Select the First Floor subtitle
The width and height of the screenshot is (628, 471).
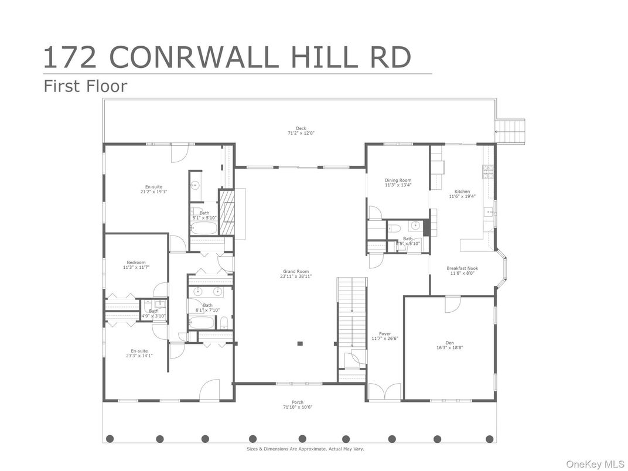pyautogui.click(x=86, y=87)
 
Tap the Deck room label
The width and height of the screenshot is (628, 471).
pyautogui.click(x=301, y=131)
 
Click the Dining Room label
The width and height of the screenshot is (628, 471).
pyautogui.click(x=398, y=183)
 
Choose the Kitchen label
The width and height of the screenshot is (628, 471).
pyautogui.click(x=462, y=194)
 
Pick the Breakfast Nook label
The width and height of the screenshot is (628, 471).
pyautogui.click(x=462, y=271)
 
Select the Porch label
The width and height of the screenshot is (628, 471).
pyautogui.click(x=298, y=404)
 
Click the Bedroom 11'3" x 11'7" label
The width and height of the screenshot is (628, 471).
pyautogui.click(x=136, y=265)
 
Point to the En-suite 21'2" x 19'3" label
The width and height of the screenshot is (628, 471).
pyautogui.click(x=153, y=189)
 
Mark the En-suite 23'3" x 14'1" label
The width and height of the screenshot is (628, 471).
pyautogui.click(x=139, y=353)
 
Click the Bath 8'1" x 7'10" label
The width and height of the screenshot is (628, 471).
pyautogui.click(x=207, y=308)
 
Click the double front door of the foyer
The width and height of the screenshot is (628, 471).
pyautogui.click(x=384, y=392)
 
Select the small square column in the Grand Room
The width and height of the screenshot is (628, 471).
pyautogui.click(x=299, y=343)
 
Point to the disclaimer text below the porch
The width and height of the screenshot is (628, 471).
pyautogui.click(x=305, y=449)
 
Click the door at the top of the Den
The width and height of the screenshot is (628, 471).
pyautogui.click(x=452, y=304)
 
